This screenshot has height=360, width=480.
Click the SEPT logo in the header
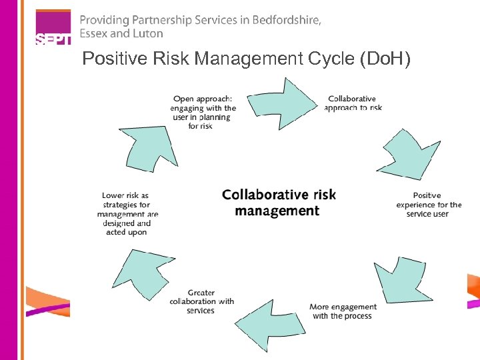point(53,28)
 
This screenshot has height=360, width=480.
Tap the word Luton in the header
point(147,33)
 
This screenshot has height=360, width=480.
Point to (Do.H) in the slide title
point(385,59)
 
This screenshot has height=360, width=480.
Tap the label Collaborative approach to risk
point(353,103)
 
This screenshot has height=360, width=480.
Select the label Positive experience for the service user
point(428,205)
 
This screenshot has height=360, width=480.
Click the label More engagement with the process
point(343,311)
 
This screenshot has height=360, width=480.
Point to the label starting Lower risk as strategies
point(127,214)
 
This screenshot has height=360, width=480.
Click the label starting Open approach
point(203,112)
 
